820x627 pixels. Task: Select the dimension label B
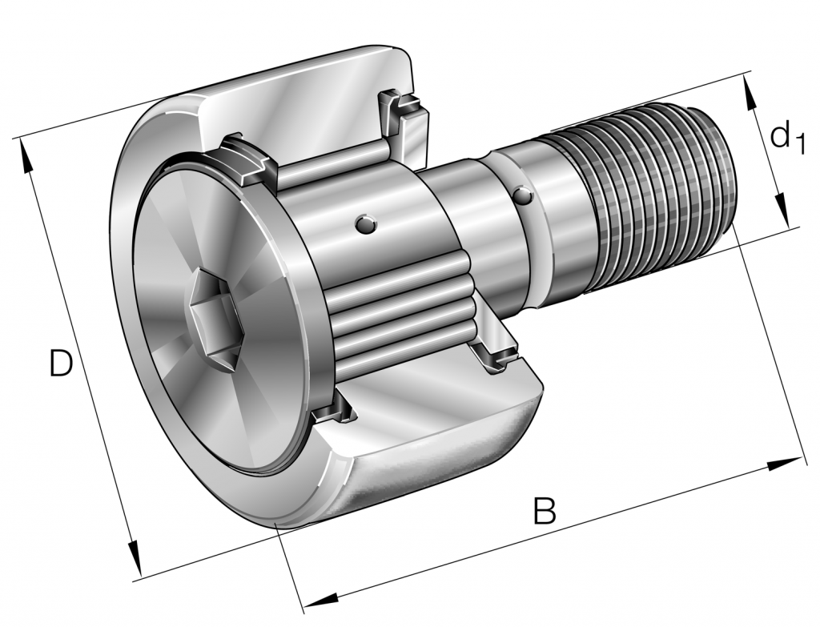(x=545, y=510)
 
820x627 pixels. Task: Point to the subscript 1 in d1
(x=798, y=144)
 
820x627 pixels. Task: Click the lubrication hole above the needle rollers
(x=365, y=224)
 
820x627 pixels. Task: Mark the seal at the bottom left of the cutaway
(x=332, y=412)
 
